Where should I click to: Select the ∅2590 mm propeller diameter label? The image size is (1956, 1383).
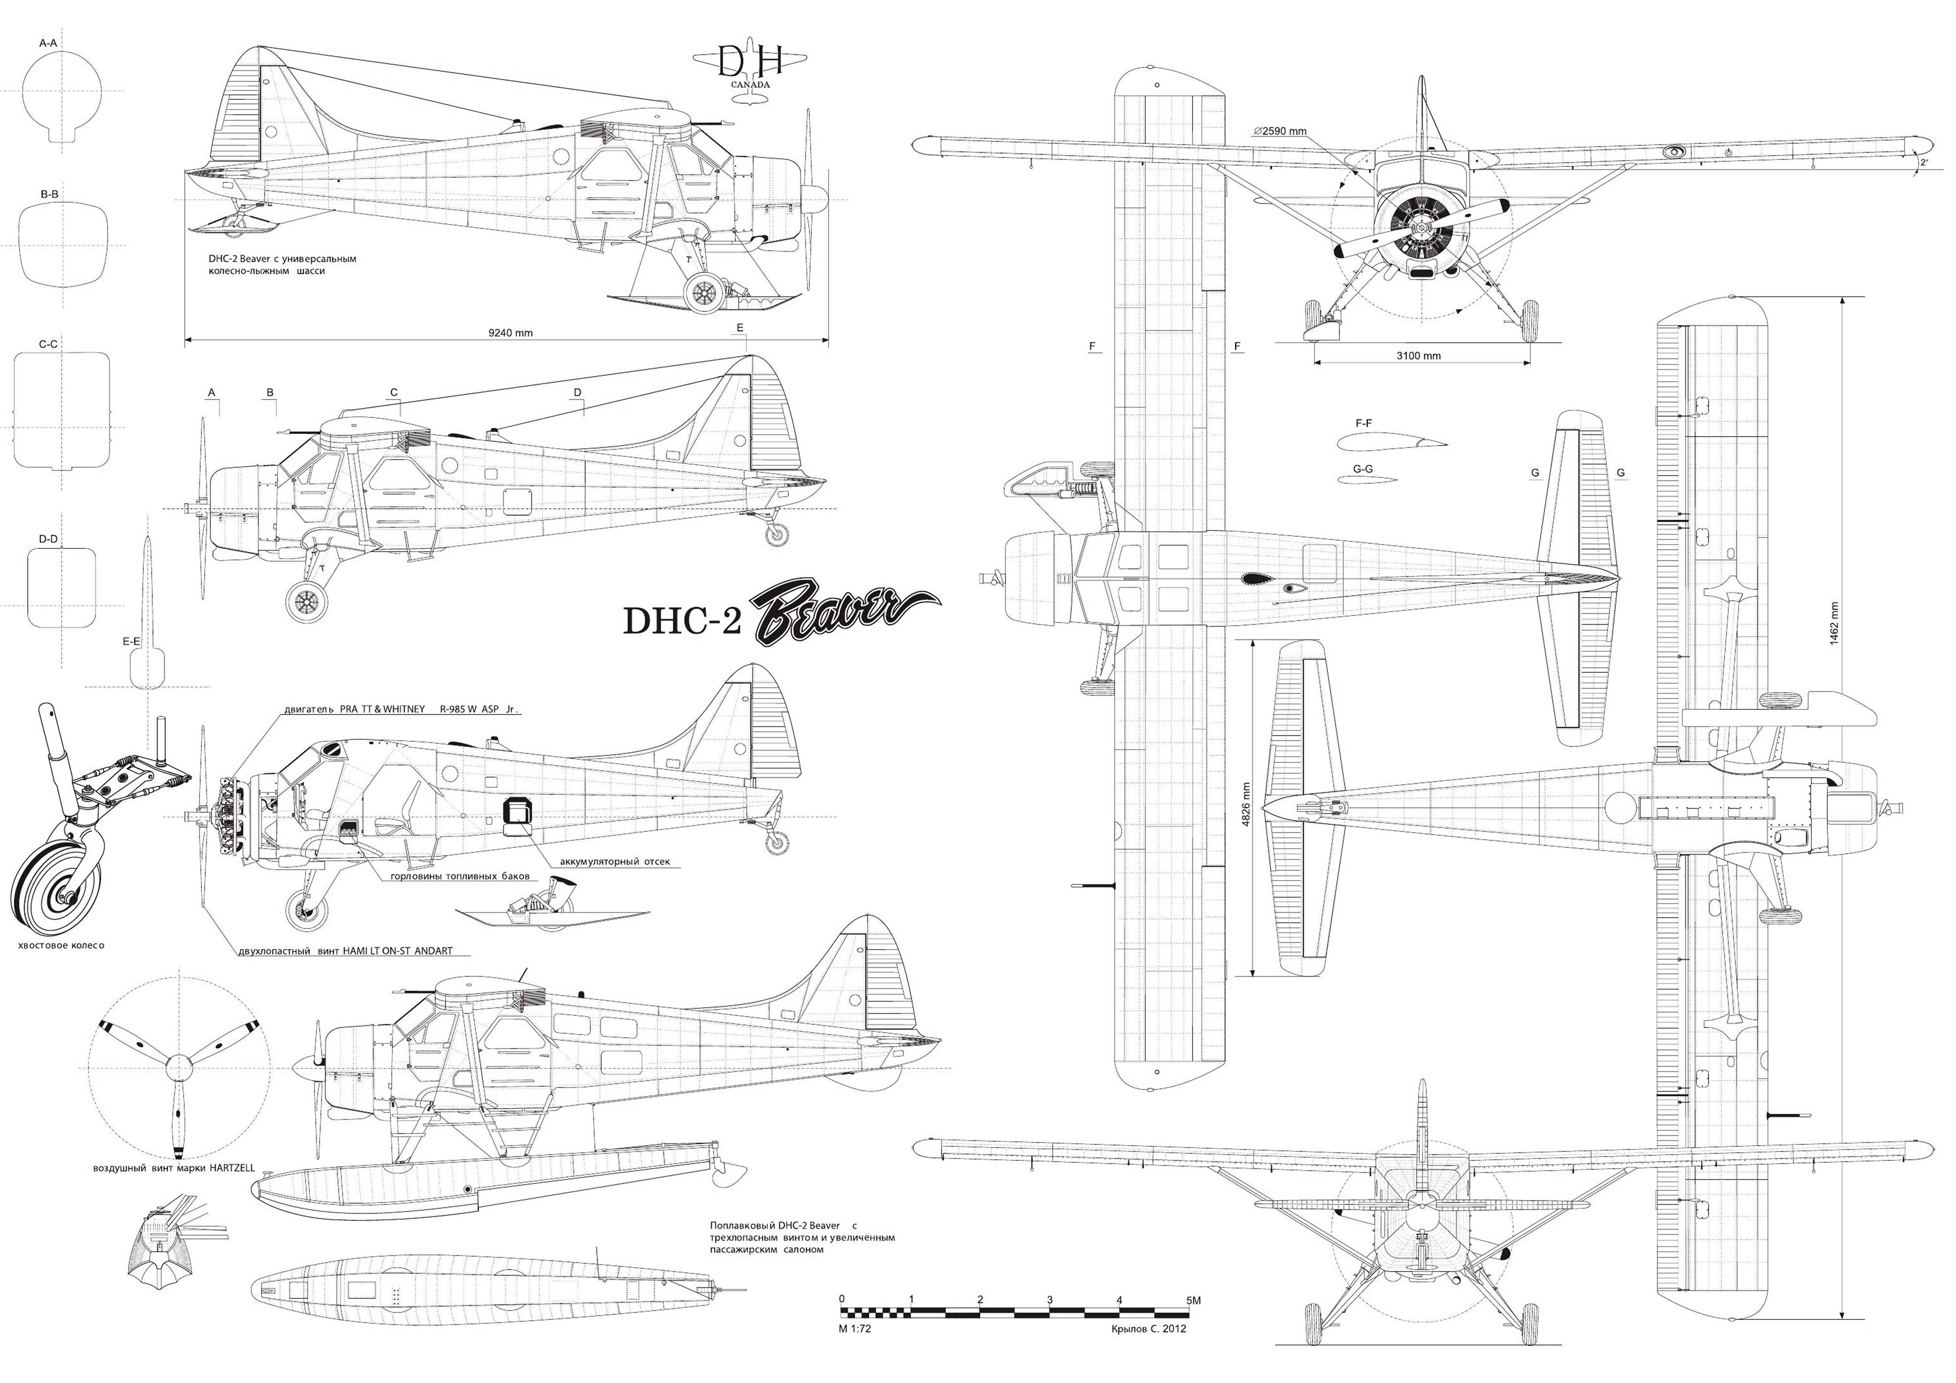[x=1280, y=132]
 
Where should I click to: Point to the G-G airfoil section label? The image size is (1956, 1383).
[x=1362, y=470]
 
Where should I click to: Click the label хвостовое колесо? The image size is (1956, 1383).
[x=61, y=946]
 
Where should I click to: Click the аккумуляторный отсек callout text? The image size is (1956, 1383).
[x=614, y=862]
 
